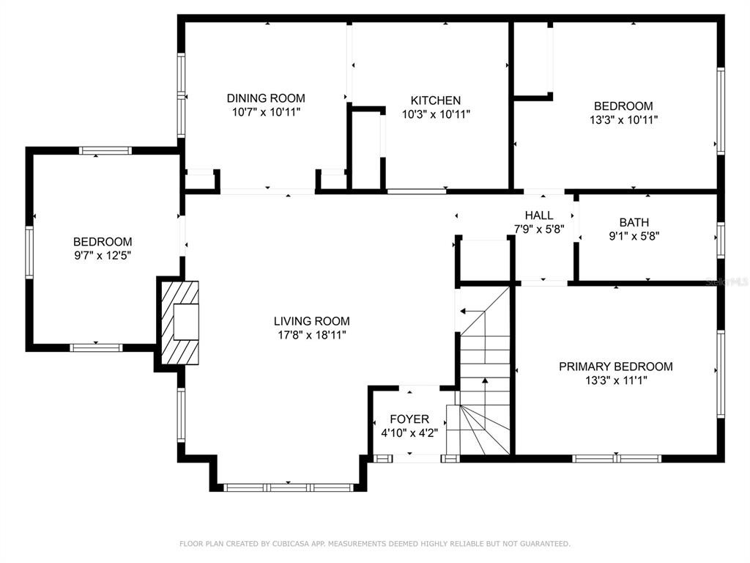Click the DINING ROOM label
[x=266, y=98]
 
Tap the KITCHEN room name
[x=436, y=100]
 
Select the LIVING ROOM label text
[x=312, y=321]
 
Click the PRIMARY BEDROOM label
[x=616, y=367]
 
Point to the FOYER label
[x=409, y=419]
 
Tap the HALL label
[x=539, y=216]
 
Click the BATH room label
[x=634, y=223]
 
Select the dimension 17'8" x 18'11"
[x=312, y=335]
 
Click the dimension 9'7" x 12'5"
[x=103, y=256]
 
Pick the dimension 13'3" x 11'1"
[x=616, y=380]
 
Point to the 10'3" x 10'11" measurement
[x=436, y=114]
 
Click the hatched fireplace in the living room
[x=180, y=323]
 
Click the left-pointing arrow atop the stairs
[x=472, y=311]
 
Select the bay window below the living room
[x=289, y=487]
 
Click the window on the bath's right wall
[x=721, y=240]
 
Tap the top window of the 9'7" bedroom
[x=105, y=151]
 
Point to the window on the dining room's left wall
[x=182, y=96]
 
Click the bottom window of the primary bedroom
[x=617, y=459]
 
